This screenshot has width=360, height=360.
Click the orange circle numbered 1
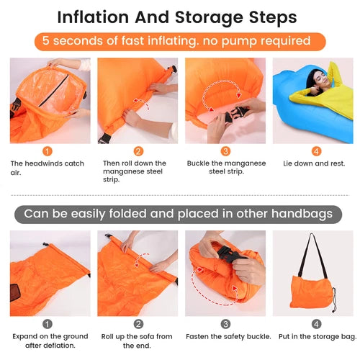click(x=48, y=151)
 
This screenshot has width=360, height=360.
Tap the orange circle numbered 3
click(x=225, y=151)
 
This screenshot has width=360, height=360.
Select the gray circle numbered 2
click(x=138, y=324)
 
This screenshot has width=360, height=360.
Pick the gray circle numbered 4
click(x=316, y=324)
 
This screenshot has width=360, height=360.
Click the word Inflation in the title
click(x=93, y=17)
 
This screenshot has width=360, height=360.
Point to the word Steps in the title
click(x=273, y=18)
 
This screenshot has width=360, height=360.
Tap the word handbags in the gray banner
click(x=302, y=214)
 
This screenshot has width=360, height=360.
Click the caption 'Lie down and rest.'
click(x=314, y=163)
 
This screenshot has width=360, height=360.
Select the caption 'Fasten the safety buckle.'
click(x=228, y=336)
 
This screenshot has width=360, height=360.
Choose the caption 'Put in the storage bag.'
click(x=318, y=337)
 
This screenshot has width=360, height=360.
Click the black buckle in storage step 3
click(x=229, y=255)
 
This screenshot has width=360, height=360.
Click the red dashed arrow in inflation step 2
click(x=142, y=103)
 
